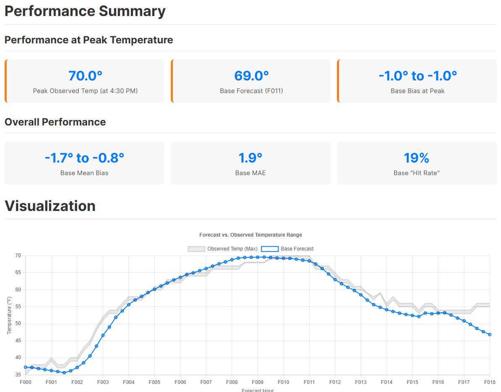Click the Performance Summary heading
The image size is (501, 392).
pos(85,11)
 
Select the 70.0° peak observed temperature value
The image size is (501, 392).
pos(85,76)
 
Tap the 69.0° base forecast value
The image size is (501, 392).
pos(251,76)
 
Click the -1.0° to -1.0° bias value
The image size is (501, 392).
pos(417,76)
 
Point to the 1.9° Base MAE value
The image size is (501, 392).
pos(250,158)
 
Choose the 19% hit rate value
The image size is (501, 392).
pos(416,158)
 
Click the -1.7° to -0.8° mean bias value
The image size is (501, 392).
pos(85,158)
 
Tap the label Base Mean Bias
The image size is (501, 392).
pos(85,173)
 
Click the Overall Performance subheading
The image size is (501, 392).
pos(55,122)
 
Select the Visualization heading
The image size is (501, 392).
pos(50,206)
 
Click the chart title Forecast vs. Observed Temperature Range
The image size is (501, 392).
pos(250,235)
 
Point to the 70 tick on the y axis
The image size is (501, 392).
pos(18,256)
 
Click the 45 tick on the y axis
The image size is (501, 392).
pos(18,341)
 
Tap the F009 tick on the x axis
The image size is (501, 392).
pos(257,382)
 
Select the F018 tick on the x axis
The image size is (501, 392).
pos(490,382)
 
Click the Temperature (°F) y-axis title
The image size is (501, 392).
pos(9,315)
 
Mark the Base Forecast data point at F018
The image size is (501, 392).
pos(490,334)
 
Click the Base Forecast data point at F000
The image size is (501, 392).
pos(26,367)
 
